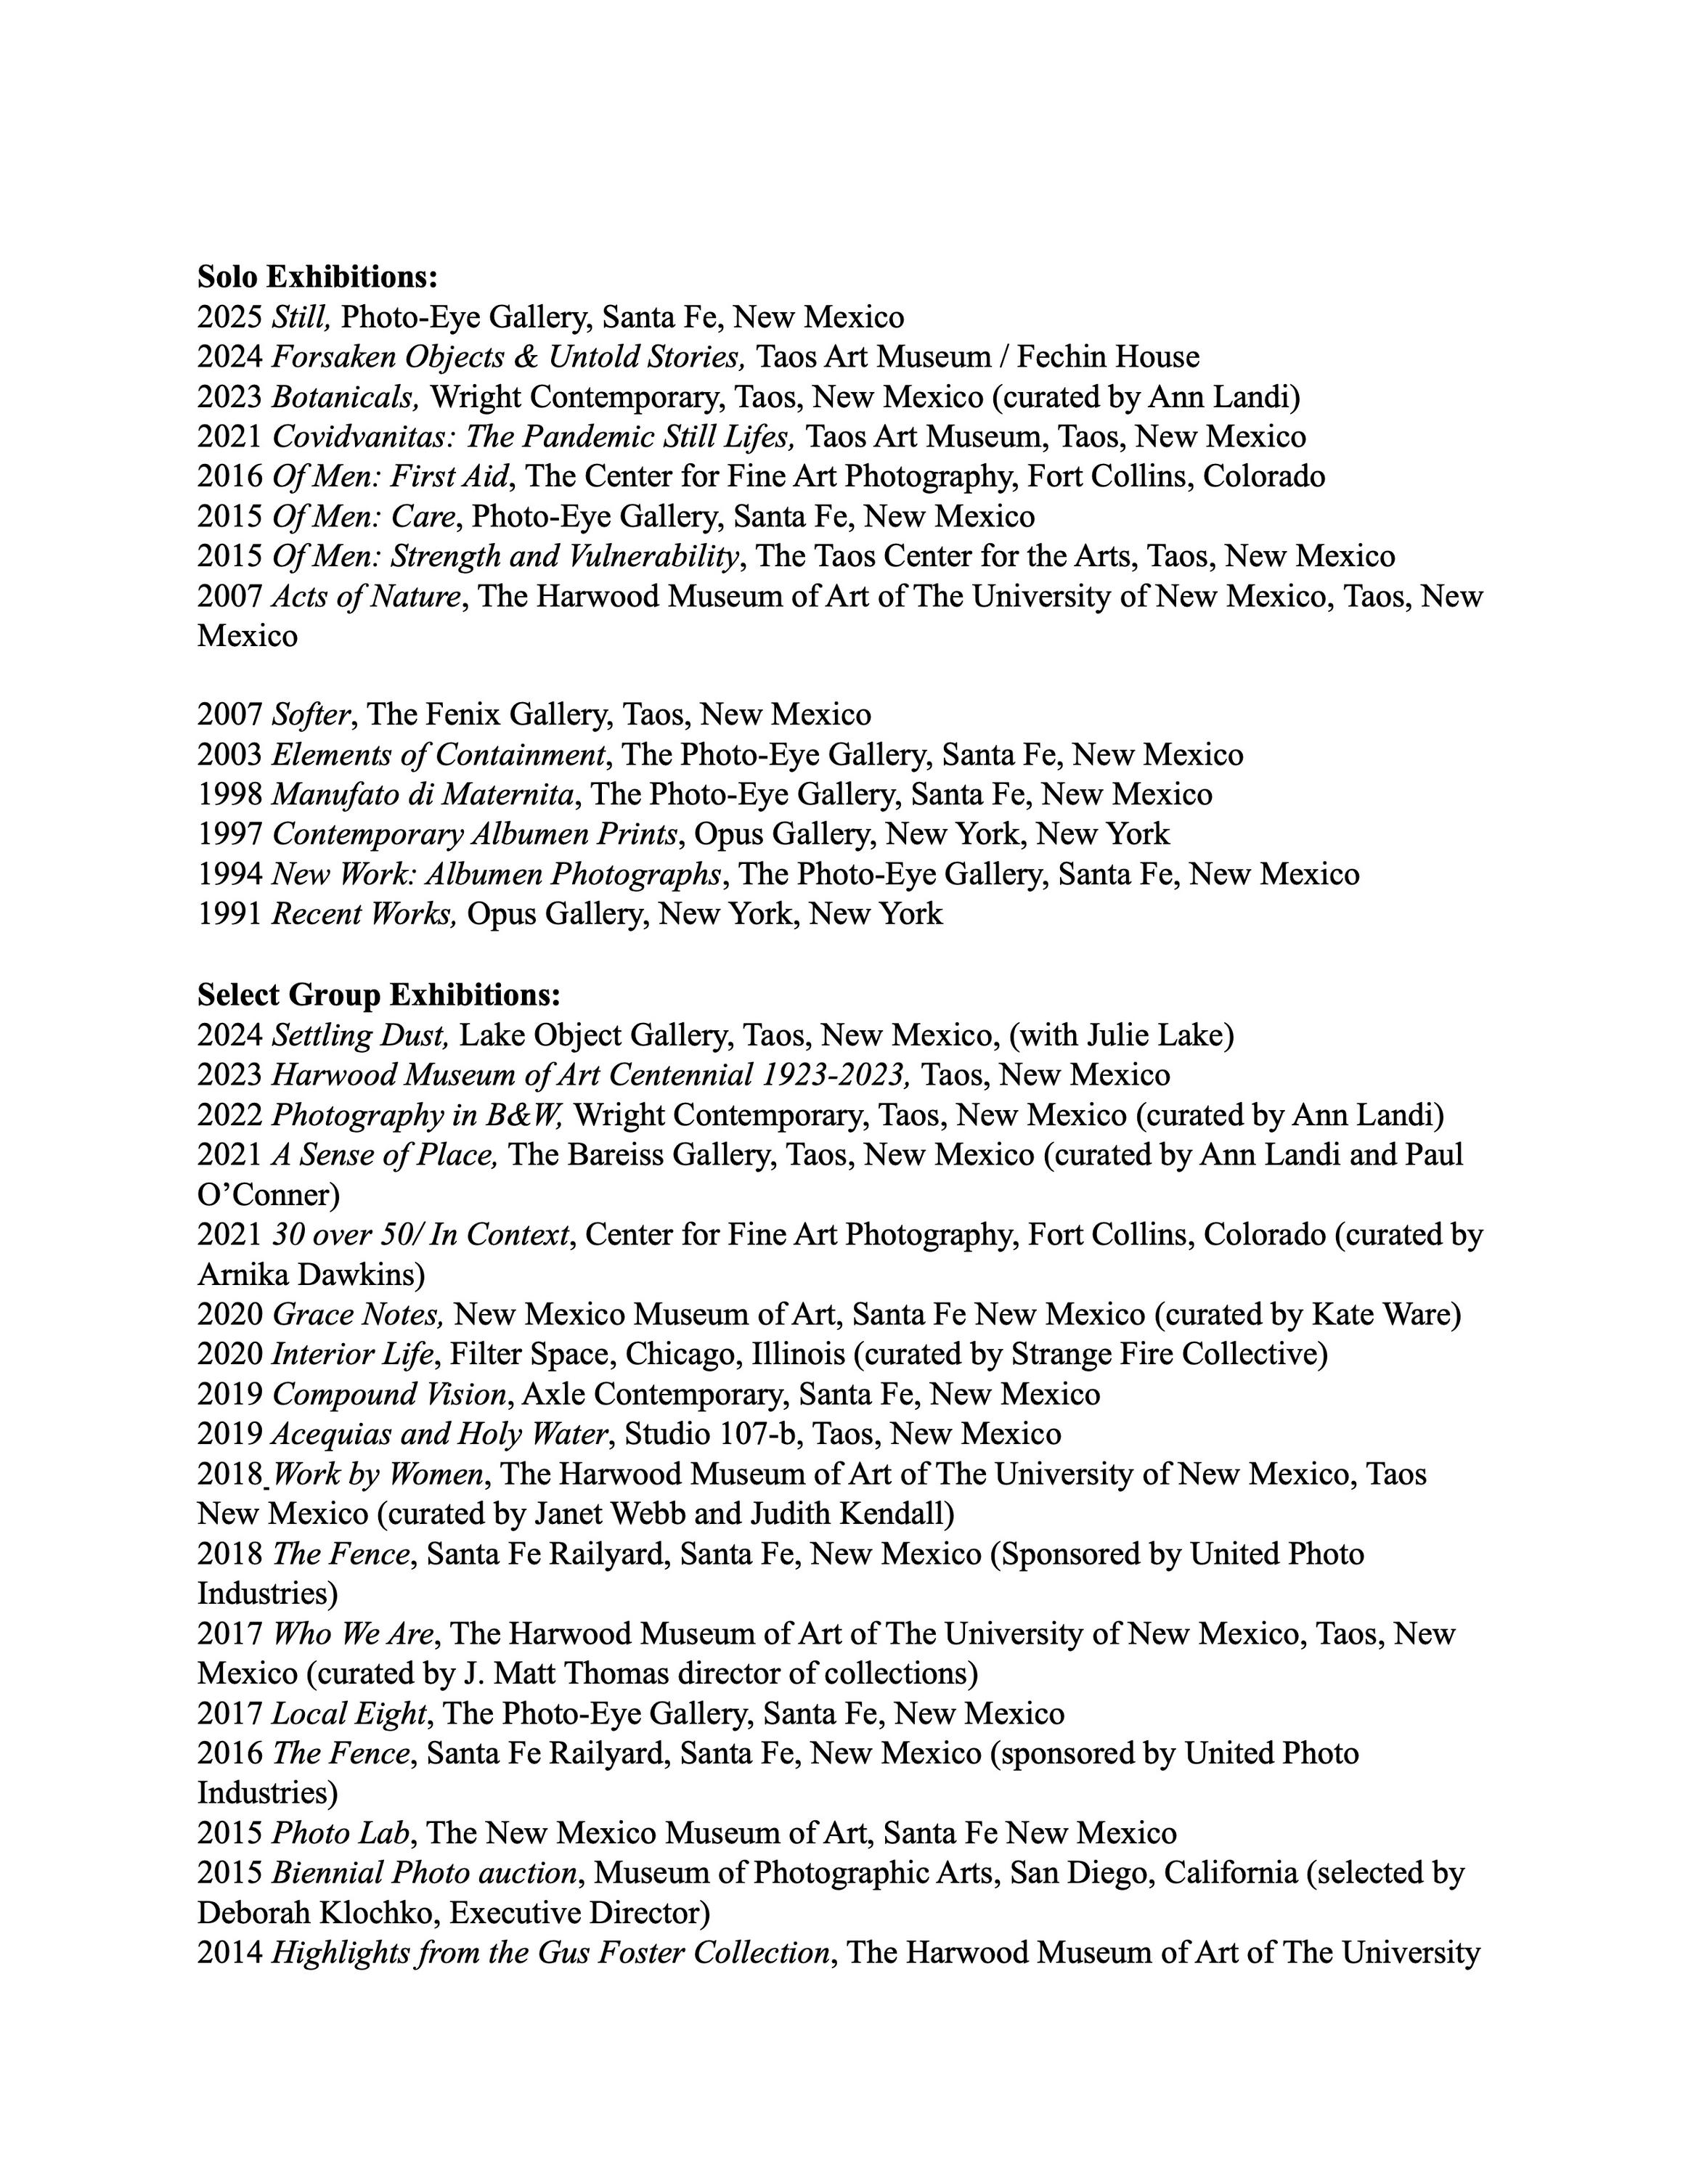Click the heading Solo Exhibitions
(317, 276)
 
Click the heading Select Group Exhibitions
(379, 995)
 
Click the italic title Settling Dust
(360, 1035)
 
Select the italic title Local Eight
(350, 1713)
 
